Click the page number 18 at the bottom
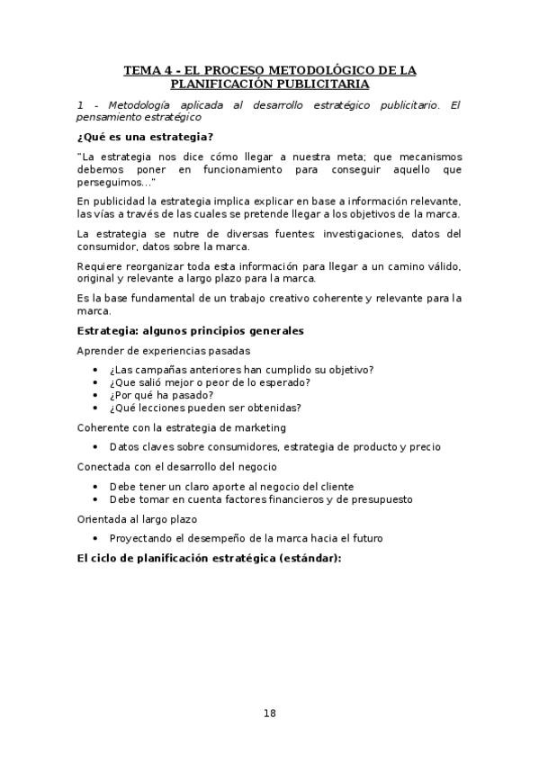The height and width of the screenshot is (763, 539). (x=270, y=714)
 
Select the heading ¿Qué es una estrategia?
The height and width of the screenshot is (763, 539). (x=145, y=137)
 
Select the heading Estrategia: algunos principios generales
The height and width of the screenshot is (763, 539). (x=190, y=330)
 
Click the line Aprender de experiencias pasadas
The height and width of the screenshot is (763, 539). (x=163, y=350)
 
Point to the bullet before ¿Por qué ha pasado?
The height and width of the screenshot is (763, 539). (x=96, y=395)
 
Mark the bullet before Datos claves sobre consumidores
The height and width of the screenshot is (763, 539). (x=96, y=446)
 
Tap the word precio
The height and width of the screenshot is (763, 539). (x=424, y=446)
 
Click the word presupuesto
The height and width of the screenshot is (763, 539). (x=381, y=498)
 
